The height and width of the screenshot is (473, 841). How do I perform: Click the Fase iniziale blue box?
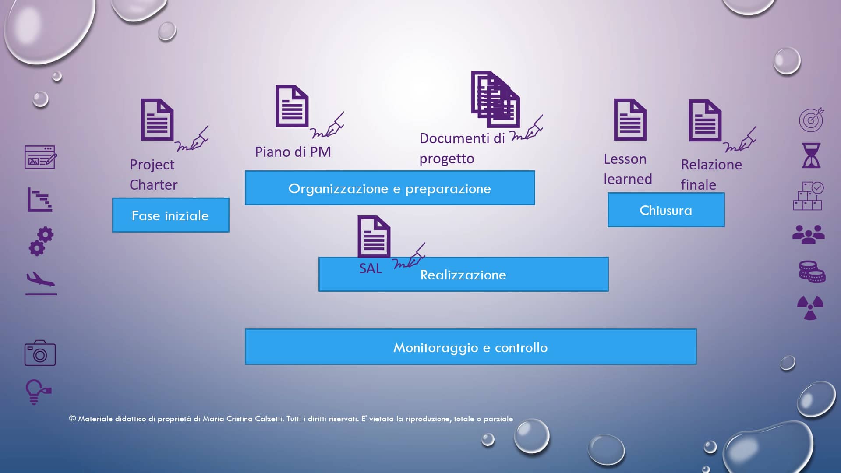[x=170, y=215]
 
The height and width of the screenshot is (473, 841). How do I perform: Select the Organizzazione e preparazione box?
[x=389, y=188]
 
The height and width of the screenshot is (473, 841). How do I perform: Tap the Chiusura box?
[x=665, y=210]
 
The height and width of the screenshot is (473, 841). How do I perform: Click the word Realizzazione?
[x=463, y=275]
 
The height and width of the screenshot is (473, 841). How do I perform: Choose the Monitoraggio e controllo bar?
[x=470, y=347]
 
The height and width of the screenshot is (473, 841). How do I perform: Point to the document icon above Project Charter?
[x=157, y=120]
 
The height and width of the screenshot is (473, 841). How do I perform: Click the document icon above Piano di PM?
[x=292, y=106]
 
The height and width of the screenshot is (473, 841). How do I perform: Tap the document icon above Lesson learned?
[x=630, y=120]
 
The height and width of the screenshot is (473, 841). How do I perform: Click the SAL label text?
[x=371, y=268]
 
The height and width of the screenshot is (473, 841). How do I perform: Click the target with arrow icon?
[x=811, y=120]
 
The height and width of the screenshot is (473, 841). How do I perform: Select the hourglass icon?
[x=811, y=155]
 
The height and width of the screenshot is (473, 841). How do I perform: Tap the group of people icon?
[x=809, y=234]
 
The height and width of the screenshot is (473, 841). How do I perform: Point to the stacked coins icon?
[x=812, y=272]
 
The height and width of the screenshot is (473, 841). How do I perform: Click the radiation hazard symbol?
[x=810, y=307]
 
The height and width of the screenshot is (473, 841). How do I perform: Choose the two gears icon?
[x=41, y=241]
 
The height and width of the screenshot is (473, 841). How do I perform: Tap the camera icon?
[x=40, y=353]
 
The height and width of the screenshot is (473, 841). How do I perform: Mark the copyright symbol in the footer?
[x=73, y=418]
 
